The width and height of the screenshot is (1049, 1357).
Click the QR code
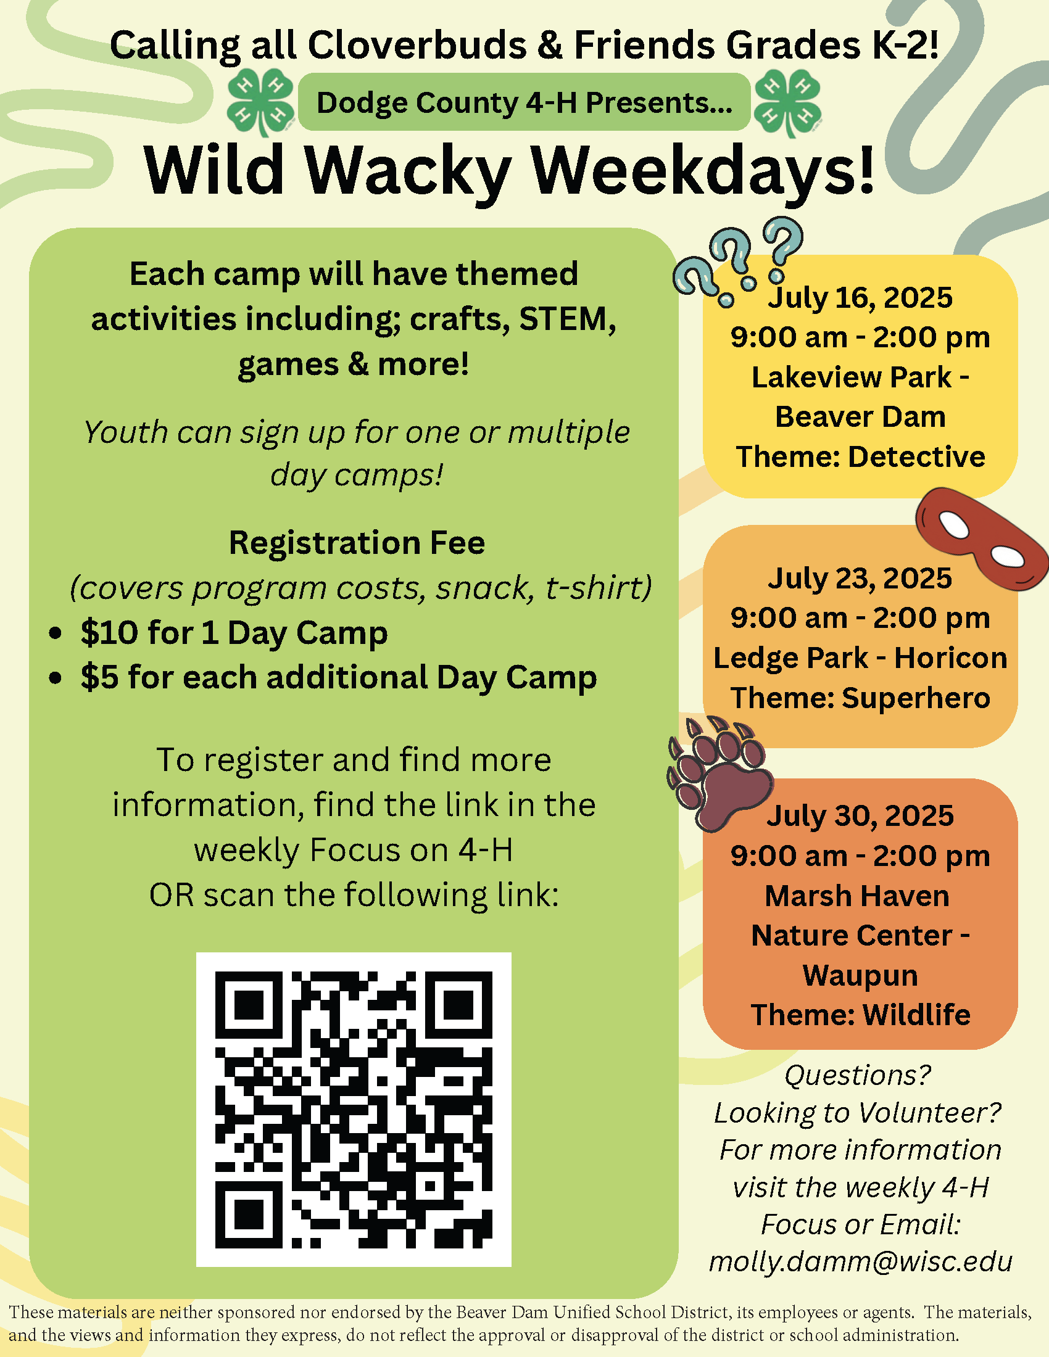(x=354, y=1109)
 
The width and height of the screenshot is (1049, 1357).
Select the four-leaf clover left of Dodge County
(x=260, y=102)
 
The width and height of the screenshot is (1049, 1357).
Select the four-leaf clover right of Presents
(x=788, y=102)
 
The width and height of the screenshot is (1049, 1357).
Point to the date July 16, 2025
(x=860, y=298)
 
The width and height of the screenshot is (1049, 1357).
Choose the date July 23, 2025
(x=860, y=578)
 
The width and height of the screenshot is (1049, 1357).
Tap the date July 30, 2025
(x=860, y=816)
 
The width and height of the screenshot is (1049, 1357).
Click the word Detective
(x=916, y=456)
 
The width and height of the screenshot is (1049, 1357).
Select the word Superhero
(x=916, y=698)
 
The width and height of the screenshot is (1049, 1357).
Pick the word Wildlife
(x=916, y=1015)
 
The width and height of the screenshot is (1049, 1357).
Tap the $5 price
(x=99, y=677)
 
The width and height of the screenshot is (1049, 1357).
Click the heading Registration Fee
(x=357, y=542)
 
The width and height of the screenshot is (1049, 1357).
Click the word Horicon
(x=951, y=658)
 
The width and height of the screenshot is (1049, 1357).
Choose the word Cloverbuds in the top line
(x=417, y=46)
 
